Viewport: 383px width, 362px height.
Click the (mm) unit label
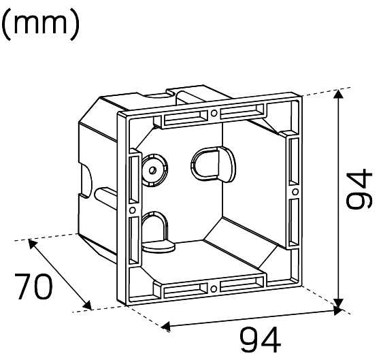[x=40, y=24]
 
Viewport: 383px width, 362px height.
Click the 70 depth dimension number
[x=33, y=286]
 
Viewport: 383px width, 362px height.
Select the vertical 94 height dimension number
[x=360, y=188]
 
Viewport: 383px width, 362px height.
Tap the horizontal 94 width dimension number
[x=261, y=340]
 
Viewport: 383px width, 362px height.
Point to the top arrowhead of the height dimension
[x=338, y=94]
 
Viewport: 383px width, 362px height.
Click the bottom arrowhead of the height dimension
[x=338, y=303]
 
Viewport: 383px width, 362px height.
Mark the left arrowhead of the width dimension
[x=166, y=326]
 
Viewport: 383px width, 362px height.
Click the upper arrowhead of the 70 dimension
[x=33, y=244]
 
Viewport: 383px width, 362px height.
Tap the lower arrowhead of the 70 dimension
[x=87, y=306]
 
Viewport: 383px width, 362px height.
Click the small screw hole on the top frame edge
[x=214, y=113]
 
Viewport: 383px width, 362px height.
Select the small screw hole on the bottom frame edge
[x=214, y=289]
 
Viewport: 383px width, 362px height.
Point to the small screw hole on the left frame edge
[x=133, y=210]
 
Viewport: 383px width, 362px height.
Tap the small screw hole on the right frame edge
[x=295, y=192]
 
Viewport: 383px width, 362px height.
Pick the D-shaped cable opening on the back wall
[x=213, y=164]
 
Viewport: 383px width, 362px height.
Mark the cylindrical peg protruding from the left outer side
[x=105, y=198]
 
